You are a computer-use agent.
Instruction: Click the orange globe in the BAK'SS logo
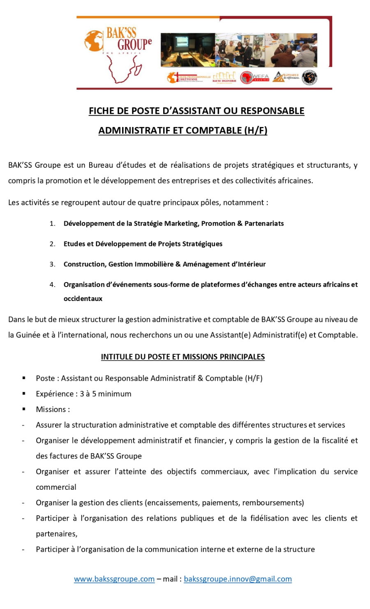pyautogui.click(x=93, y=41)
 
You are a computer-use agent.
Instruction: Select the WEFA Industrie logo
pyautogui.click(x=254, y=77)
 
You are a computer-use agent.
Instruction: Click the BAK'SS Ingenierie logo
pyautogui.click(x=224, y=77)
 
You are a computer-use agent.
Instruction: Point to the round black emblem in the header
pyautogui.click(x=309, y=77)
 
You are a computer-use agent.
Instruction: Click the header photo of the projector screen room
pyautogui.click(x=187, y=50)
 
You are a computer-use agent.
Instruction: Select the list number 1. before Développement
pyautogui.click(x=53, y=224)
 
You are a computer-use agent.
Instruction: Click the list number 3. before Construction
pyautogui.click(x=53, y=264)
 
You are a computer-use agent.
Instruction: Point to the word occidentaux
pyautogui.click(x=83, y=299)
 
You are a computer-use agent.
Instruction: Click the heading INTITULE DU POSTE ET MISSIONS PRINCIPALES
pyautogui.click(x=183, y=357)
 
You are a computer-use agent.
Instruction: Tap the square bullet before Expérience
pyautogui.click(x=24, y=394)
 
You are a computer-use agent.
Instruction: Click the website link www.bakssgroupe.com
pyautogui.click(x=114, y=579)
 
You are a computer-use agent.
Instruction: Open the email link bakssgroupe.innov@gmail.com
pyautogui.click(x=238, y=579)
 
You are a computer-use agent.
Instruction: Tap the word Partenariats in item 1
pyautogui.click(x=264, y=224)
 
